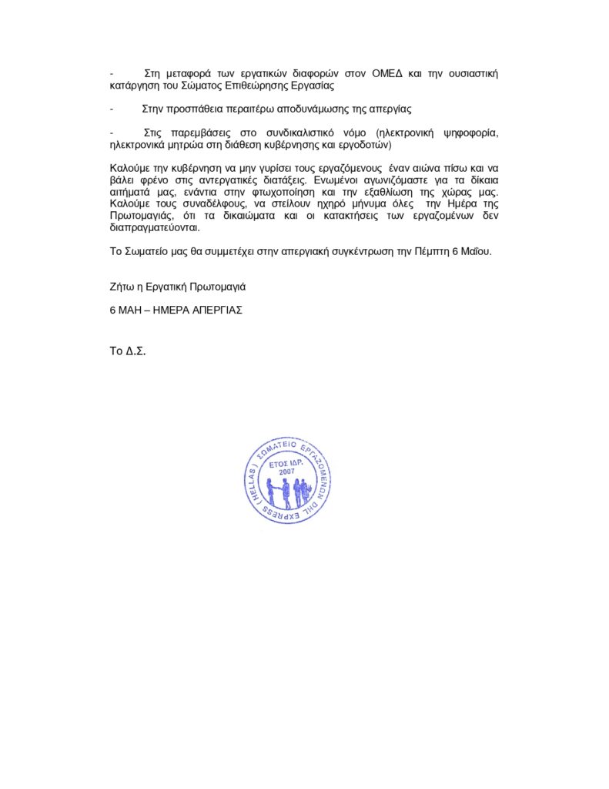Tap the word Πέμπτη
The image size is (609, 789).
[x=433, y=251]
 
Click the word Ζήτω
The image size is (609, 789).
[x=122, y=287]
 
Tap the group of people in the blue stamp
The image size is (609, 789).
[x=287, y=492]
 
